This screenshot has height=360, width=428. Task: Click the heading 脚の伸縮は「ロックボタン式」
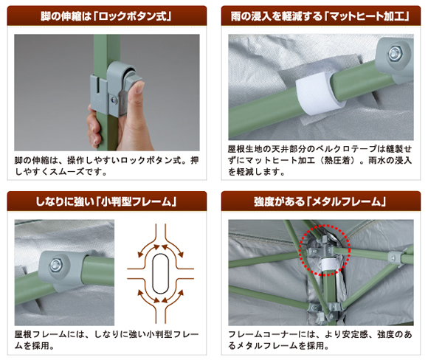pyautogui.click(x=106, y=16)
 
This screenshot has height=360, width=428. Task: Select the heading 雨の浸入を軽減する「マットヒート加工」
pyautogui.click(x=320, y=16)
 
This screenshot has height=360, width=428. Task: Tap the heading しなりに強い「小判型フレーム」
pyautogui.click(x=106, y=201)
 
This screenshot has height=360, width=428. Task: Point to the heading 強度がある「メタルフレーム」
pyautogui.click(x=320, y=201)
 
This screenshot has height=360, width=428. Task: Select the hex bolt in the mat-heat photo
pyautogui.click(x=395, y=53)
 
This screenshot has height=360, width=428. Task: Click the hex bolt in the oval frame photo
pyautogui.click(x=56, y=265)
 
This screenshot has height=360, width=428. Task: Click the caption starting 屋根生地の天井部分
pyautogui.click(x=320, y=160)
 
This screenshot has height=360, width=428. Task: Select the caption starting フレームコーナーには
pyautogui.click(x=320, y=340)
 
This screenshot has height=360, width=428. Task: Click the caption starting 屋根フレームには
pyautogui.click(x=106, y=340)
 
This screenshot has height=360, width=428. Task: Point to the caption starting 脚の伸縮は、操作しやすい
pyautogui.click(x=106, y=166)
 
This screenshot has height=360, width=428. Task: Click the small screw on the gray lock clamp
pyautogui.click(x=114, y=100)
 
